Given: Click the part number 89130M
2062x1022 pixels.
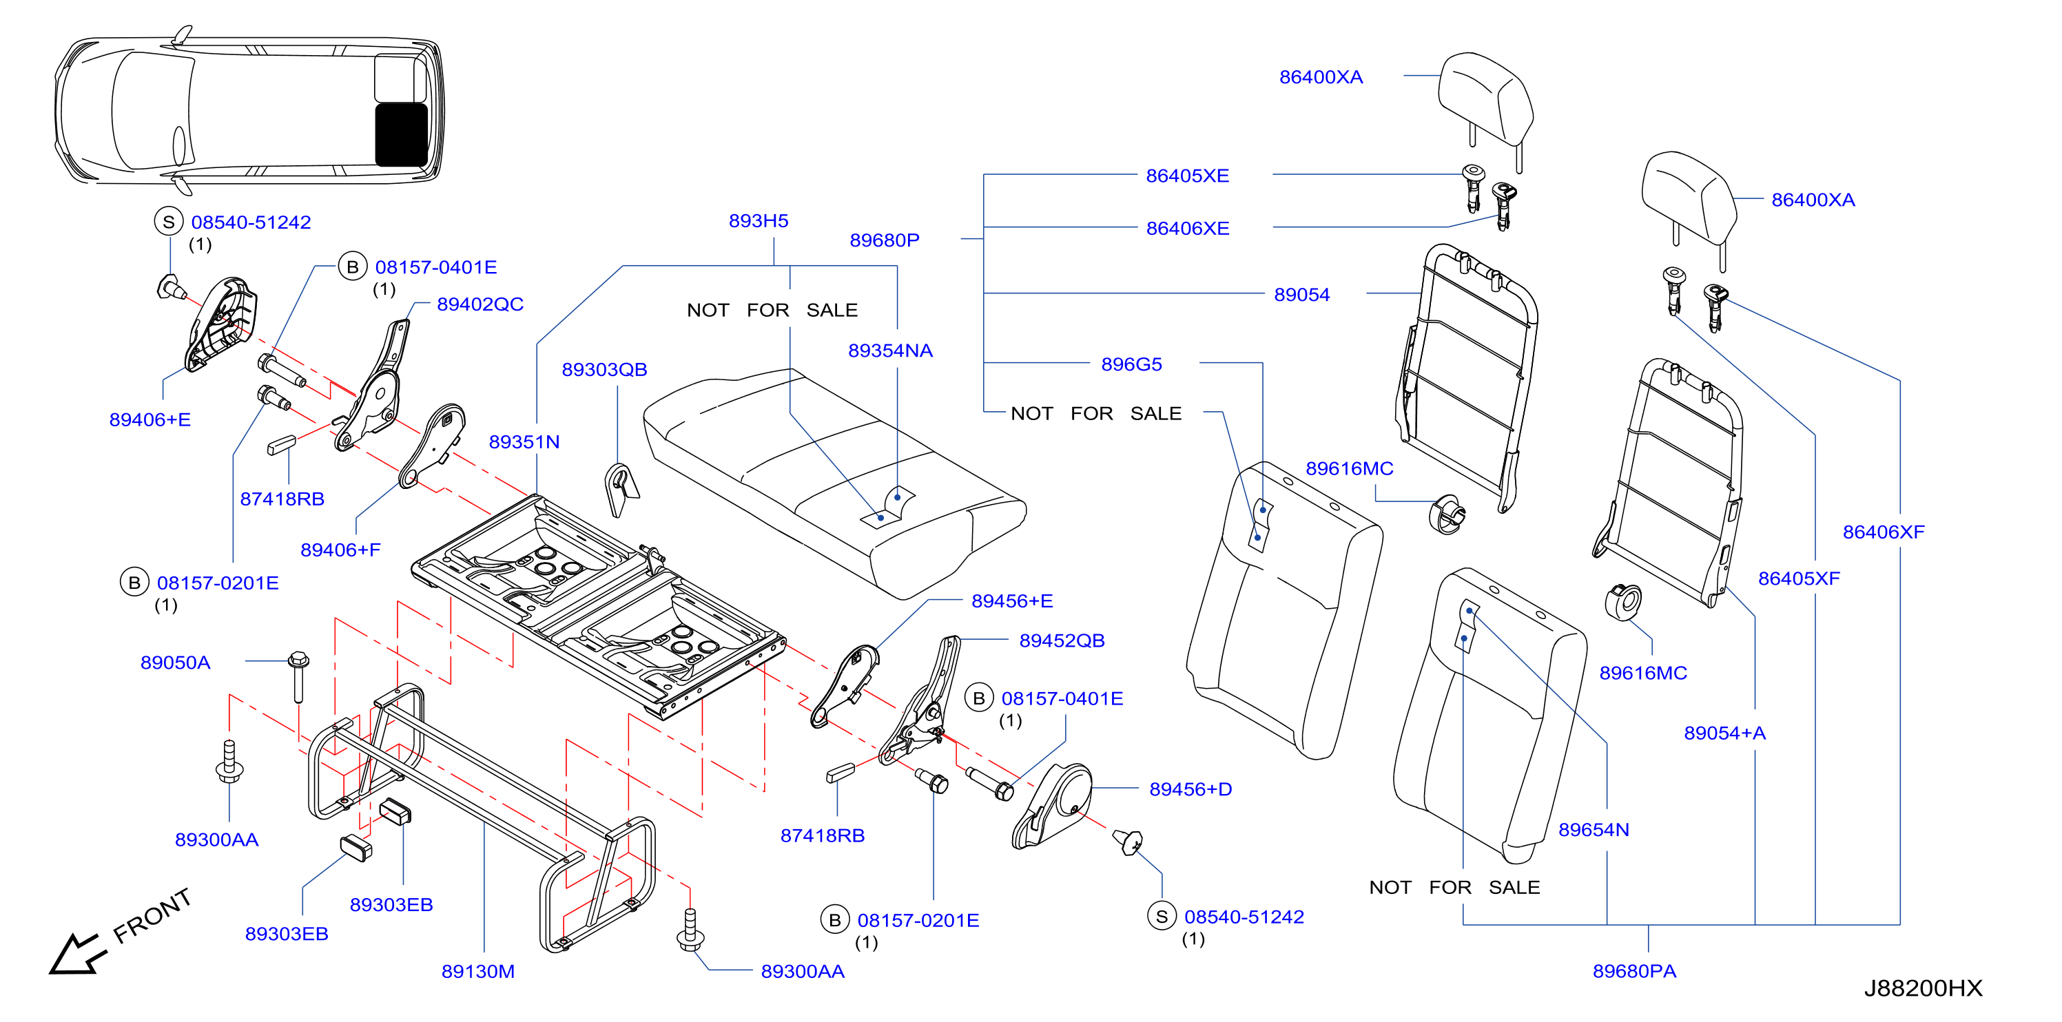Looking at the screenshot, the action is click(478, 972).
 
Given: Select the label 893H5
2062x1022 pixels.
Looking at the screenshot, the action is click(758, 221).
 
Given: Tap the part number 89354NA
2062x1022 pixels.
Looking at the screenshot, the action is click(890, 351).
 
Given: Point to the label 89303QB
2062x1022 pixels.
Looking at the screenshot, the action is click(604, 370).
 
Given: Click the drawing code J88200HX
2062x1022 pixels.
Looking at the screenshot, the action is click(1923, 988).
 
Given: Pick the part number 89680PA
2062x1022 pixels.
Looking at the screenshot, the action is click(1633, 972).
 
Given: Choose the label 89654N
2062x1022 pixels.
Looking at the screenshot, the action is click(1593, 830).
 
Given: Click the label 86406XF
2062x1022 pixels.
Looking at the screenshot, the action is click(1884, 532).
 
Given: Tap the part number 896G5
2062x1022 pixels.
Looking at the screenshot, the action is click(1131, 365).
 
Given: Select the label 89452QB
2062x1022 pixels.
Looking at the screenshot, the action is click(1062, 641).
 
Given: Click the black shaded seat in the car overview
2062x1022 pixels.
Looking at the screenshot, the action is click(401, 134).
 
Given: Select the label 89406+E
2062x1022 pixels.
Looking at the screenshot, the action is click(150, 420).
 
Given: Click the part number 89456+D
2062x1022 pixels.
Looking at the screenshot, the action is click(1190, 790).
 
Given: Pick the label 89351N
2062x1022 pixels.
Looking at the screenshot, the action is click(524, 443).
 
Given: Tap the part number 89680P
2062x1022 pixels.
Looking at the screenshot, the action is click(885, 241).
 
